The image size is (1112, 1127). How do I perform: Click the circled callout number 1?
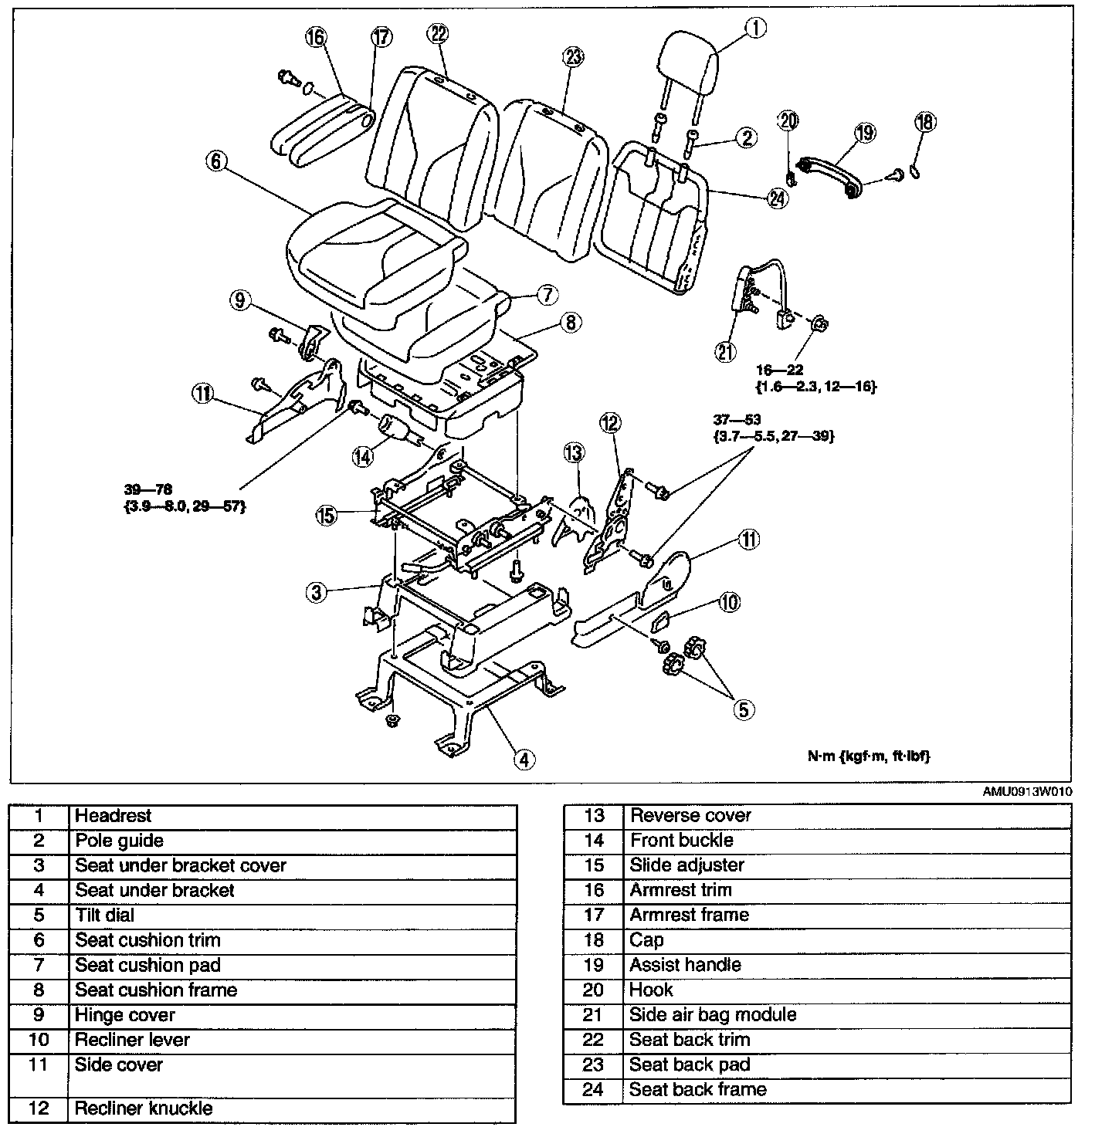[755, 29]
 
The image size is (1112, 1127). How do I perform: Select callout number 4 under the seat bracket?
[524, 760]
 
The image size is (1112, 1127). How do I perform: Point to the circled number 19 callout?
[865, 133]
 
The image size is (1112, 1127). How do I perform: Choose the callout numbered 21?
[725, 352]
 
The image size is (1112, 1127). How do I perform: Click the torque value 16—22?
[781, 371]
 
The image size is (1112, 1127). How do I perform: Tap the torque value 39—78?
[147, 489]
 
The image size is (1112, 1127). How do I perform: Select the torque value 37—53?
[737, 420]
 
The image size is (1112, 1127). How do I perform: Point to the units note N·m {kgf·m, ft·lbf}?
[869, 756]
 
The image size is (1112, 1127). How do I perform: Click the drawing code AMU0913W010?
[1026, 792]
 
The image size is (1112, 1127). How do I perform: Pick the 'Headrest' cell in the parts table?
[114, 816]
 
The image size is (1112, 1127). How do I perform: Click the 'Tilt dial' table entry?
[105, 915]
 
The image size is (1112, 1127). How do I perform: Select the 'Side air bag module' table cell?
[713, 1015]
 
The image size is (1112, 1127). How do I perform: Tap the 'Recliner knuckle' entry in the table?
[144, 1109]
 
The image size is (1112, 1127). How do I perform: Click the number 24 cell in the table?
[593, 1090]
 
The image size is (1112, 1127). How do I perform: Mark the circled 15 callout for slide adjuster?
[327, 515]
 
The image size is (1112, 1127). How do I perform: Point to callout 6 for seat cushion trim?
[215, 162]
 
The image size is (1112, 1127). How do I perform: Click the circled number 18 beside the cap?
[925, 122]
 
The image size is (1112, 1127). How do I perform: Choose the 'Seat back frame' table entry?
[698, 1090]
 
